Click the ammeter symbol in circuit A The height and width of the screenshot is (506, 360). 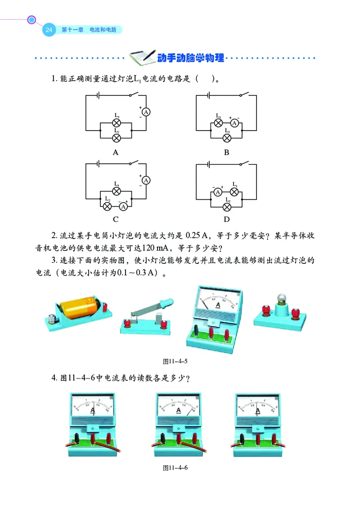pos(146,112)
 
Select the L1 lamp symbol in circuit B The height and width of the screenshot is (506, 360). pos(218,122)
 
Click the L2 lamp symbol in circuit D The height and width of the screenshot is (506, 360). pos(227,207)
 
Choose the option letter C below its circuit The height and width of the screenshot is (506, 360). pos(116,220)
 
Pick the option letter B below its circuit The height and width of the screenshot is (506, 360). pos(227,153)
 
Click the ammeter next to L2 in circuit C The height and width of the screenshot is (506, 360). pos(123,207)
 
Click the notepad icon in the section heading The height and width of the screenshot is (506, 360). pos(141,57)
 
